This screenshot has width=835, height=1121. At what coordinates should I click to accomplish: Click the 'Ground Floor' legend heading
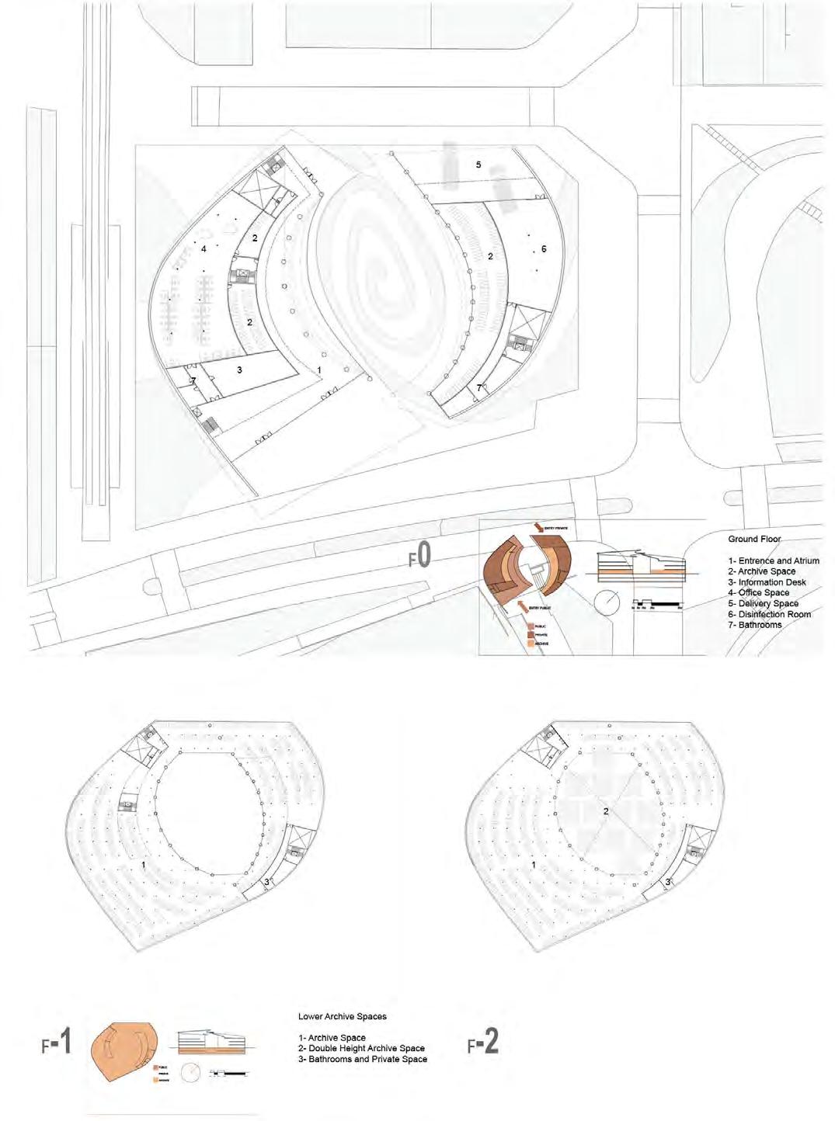[754, 539]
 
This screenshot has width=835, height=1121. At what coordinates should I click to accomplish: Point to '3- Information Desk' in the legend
[772, 582]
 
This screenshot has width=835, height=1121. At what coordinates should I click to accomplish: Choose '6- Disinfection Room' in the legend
[774, 614]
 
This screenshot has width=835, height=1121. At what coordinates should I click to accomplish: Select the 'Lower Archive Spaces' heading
[342, 1015]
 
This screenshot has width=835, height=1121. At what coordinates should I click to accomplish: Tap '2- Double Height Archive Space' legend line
[361, 1048]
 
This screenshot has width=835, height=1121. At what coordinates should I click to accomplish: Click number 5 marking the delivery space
[478, 165]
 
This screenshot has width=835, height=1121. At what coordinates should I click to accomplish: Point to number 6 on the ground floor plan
[544, 249]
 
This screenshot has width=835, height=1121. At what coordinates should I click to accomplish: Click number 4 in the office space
[204, 249]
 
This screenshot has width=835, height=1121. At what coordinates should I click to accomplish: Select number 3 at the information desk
[240, 370]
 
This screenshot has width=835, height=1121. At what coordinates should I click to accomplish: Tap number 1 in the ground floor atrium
[319, 370]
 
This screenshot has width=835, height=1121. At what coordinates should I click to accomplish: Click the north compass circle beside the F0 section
[607, 600]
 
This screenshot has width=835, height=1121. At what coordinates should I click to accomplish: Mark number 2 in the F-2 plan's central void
[605, 811]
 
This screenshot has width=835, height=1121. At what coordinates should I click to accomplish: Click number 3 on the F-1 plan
[266, 881]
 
